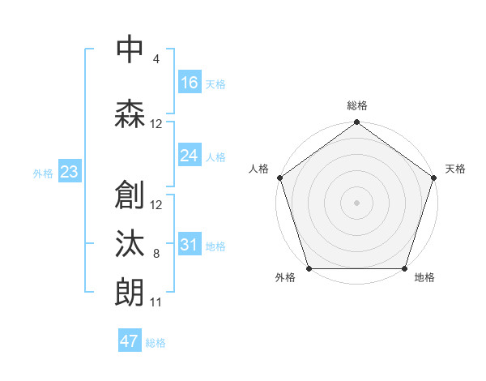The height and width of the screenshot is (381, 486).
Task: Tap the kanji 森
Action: [x=130, y=114]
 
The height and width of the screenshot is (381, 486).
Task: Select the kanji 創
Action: [x=130, y=195]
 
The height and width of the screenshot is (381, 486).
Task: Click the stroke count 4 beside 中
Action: [x=156, y=59]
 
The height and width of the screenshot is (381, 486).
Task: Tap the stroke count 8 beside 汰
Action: [x=156, y=254]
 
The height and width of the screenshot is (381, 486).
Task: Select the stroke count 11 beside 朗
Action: [x=156, y=302]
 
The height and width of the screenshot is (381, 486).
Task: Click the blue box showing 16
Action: [x=190, y=83]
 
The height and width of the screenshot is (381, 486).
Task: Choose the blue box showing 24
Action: [x=190, y=156]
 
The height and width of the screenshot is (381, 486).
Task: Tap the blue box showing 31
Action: [x=190, y=245]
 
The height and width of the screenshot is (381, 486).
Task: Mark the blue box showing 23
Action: [x=69, y=172]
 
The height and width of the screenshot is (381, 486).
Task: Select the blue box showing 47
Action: [x=130, y=341]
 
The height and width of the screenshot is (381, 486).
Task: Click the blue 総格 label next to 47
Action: [x=156, y=343]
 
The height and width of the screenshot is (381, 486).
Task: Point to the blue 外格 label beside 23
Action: [x=43, y=173]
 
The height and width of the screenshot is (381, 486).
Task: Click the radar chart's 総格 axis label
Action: [x=356, y=105]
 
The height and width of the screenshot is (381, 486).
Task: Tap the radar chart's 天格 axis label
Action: [x=455, y=169]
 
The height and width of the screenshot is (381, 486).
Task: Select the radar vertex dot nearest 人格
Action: [x=280, y=178]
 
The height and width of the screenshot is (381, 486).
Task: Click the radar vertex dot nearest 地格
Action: [x=404, y=268]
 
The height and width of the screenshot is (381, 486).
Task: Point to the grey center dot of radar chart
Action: [x=356, y=202]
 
